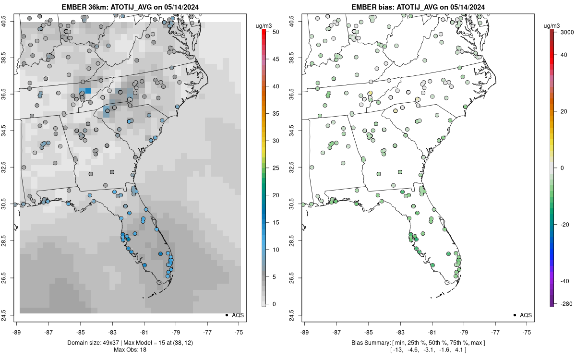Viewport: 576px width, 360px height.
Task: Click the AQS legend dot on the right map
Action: pyautogui.click(x=515, y=315)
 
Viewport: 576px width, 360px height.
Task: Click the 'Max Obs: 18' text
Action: pyautogui.click(x=130, y=349)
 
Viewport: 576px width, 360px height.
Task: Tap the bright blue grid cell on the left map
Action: pyautogui.click(x=88, y=90)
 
